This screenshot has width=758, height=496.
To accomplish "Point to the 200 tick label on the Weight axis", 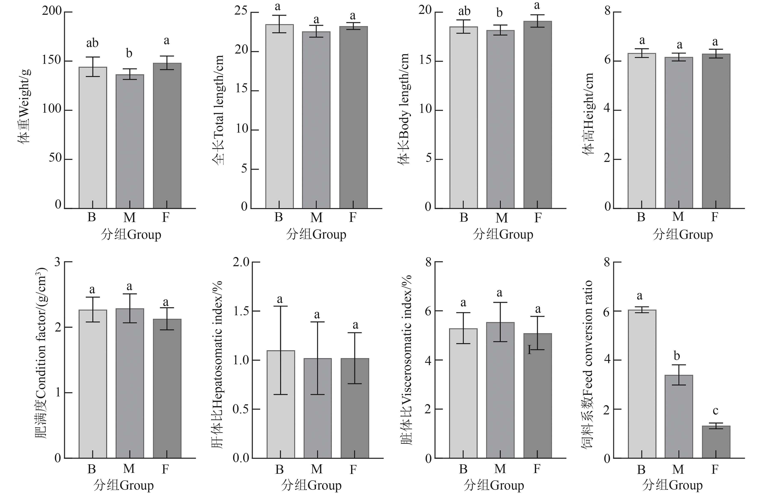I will (52, 11).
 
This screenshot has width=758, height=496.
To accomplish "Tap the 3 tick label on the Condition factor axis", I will (57, 262).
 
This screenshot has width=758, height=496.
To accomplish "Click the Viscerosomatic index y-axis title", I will (406, 360).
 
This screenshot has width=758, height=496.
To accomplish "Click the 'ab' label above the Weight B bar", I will (92, 43).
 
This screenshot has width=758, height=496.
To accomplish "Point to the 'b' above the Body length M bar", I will (499, 13).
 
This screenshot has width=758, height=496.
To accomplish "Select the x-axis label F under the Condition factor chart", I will (165, 469).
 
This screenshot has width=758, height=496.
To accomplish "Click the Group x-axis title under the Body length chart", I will (503, 235).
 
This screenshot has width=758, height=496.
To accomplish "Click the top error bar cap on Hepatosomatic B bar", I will (281, 306).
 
